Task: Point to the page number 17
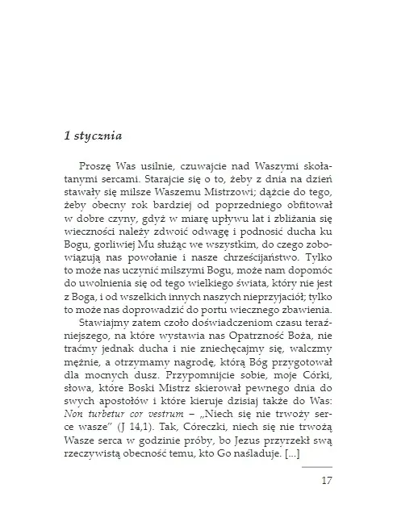(x=326, y=504)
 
